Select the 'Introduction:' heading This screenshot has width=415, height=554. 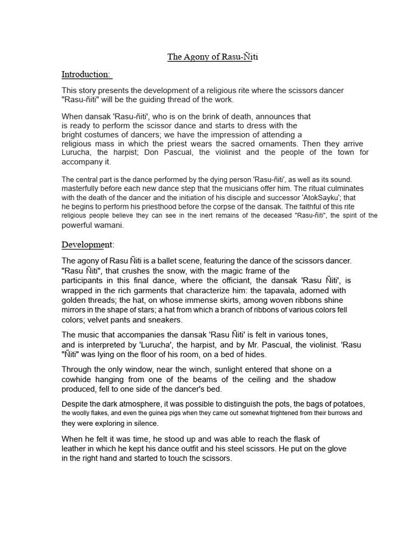[86, 74]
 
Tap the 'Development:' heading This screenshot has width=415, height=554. [88, 245]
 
